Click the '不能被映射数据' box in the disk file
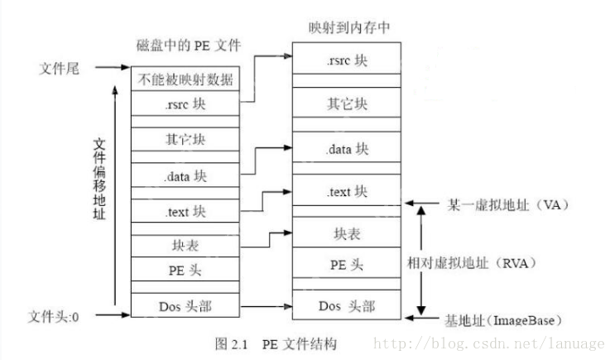[x=185, y=80]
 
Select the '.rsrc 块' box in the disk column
[x=185, y=104]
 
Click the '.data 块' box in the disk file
[x=185, y=175]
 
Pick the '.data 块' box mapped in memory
[x=347, y=150]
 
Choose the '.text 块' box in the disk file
[x=185, y=210]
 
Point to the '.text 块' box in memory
[x=347, y=192]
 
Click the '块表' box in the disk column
[x=185, y=247]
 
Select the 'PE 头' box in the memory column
[x=347, y=265]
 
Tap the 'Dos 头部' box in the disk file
[x=185, y=305]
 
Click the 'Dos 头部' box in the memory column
[x=347, y=306]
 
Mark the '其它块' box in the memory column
[x=347, y=104]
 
